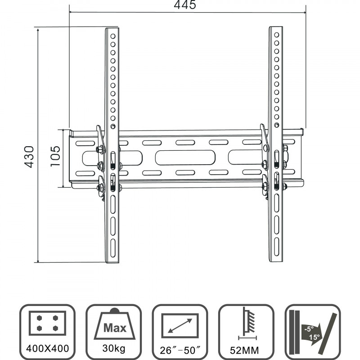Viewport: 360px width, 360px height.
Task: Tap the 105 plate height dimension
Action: click(x=55, y=157)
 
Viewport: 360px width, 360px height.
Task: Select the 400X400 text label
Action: click(x=47, y=348)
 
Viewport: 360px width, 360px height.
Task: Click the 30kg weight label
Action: click(x=113, y=348)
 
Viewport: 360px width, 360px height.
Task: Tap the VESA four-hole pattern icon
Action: click(x=47, y=322)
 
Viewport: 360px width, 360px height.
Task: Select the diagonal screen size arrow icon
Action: click(x=180, y=325)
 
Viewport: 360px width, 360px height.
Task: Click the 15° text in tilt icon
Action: click(x=315, y=336)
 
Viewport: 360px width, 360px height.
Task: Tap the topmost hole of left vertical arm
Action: click(x=113, y=36)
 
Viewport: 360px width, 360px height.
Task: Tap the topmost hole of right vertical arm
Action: click(x=277, y=35)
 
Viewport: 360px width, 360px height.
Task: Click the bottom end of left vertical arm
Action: click(x=112, y=260)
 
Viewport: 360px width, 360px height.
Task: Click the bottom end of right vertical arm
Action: click(x=276, y=260)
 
